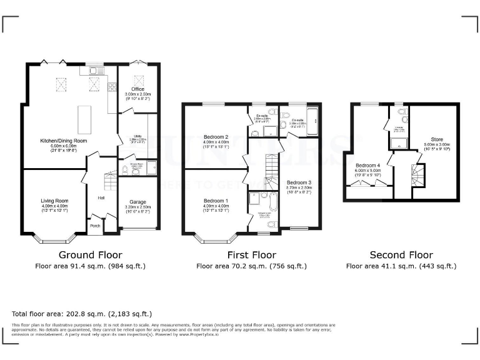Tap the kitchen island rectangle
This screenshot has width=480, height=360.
[82, 117]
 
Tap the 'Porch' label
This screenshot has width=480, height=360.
[96, 226]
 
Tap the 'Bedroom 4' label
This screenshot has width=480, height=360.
[367, 165]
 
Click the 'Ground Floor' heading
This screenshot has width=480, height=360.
[86, 254]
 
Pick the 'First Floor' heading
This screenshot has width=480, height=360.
[251, 254]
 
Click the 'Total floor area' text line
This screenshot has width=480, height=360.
[82, 313]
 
